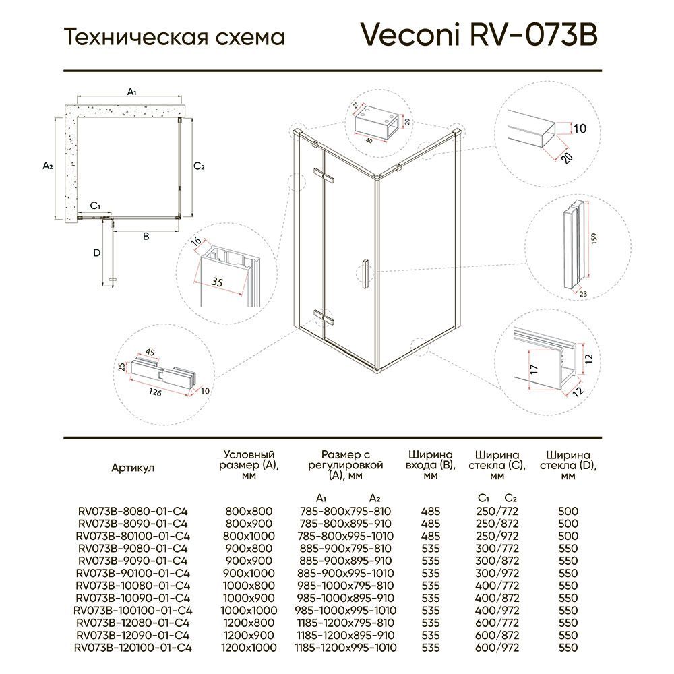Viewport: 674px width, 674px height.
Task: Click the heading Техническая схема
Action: click(x=174, y=37)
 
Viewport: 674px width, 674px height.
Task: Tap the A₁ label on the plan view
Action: click(x=132, y=91)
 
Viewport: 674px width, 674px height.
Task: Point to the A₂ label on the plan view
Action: click(x=47, y=166)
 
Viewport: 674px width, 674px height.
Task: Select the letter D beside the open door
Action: click(x=96, y=253)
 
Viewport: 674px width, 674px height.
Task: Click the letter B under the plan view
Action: click(x=145, y=236)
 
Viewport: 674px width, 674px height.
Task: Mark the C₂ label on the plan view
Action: click(x=199, y=166)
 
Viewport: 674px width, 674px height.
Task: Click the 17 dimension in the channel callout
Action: click(x=532, y=369)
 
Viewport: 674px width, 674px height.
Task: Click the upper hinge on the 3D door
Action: click(x=328, y=176)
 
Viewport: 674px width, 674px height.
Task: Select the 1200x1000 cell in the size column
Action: click(x=249, y=648)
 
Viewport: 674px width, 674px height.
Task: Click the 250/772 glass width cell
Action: click(x=497, y=512)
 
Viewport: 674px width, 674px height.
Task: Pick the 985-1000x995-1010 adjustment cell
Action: click(x=345, y=609)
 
